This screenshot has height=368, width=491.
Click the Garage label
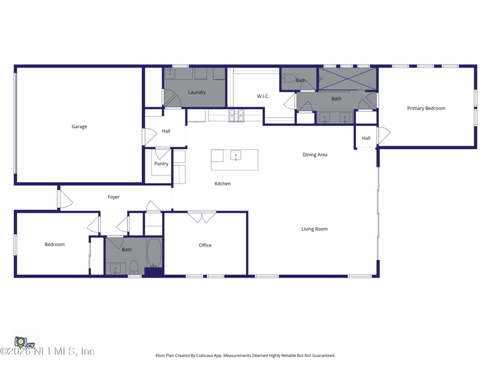(x=79, y=126)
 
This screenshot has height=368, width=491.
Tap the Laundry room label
(x=196, y=93)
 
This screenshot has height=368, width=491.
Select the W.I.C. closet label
(x=263, y=96)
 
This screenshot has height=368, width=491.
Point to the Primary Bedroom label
(x=426, y=109)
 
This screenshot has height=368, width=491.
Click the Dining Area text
(x=314, y=155)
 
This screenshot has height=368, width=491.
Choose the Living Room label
(x=314, y=229)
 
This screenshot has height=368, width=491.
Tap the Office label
(x=205, y=245)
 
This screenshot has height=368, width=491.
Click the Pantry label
(x=161, y=164)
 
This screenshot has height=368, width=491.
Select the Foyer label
(x=114, y=197)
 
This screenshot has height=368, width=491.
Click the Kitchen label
(x=222, y=184)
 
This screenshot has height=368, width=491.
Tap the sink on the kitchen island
(x=236, y=156)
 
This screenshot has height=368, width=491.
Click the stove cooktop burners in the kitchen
(x=236, y=115)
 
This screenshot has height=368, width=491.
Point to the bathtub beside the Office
(x=153, y=253)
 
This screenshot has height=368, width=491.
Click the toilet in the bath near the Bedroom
(x=134, y=267)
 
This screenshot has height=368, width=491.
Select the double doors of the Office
(x=202, y=217)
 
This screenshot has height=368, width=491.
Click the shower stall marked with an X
(x=347, y=79)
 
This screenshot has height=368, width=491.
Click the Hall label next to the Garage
(x=166, y=131)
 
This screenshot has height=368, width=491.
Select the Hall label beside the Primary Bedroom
(x=366, y=139)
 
